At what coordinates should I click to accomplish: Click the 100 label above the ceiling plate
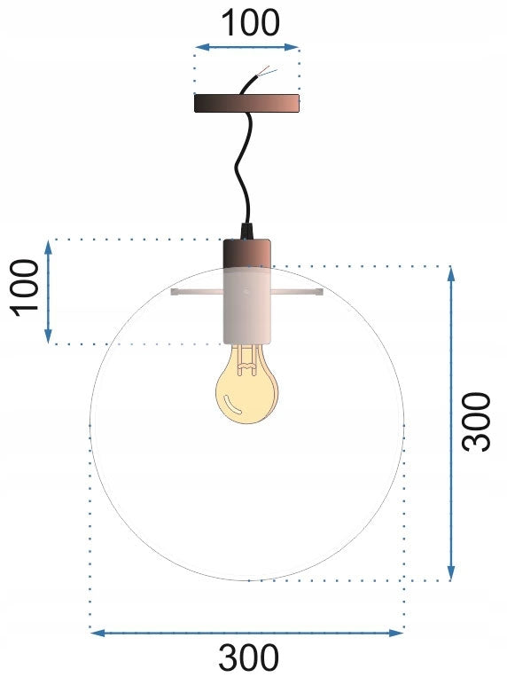pyautogui.click(x=248, y=23)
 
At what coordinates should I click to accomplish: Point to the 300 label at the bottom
pyautogui.click(x=248, y=658)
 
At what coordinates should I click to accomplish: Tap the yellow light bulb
pyautogui.click(x=247, y=390)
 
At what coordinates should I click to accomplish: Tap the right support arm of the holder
pyautogui.click(x=296, y=292)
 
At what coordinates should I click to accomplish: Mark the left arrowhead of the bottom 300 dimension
pyautogui.click(x=96, y=633)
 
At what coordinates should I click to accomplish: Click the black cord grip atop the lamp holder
pyautogui.click(x=246, y=233)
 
